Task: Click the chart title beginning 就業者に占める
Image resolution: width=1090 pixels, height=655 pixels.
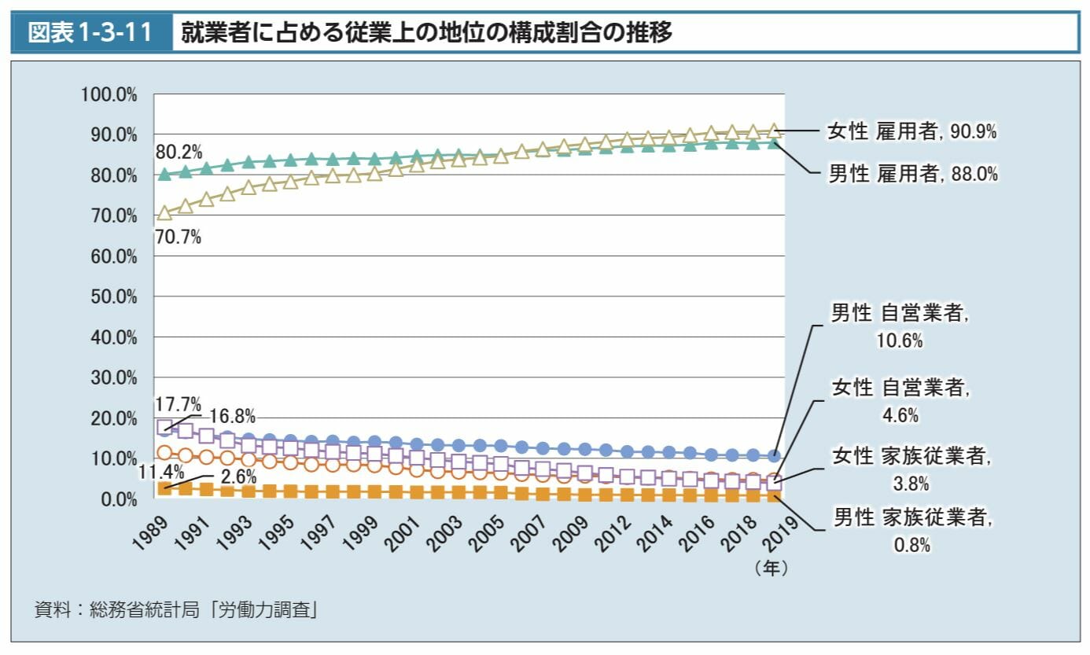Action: point(427,32)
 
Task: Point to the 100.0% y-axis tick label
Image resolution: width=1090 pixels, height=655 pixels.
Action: point(109,94)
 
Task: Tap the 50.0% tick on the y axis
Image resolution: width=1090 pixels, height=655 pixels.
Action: point(114,297)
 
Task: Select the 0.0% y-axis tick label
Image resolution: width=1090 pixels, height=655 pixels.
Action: point(119,500)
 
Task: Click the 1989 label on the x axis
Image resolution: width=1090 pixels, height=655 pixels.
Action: point(151,533)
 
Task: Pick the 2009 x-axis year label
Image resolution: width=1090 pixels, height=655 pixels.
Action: point(571,534)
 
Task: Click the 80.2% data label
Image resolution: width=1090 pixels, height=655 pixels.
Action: point(179,153)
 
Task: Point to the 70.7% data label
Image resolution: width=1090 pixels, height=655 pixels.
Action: point(178,237)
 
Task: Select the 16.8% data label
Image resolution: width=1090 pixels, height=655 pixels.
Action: point(233,416)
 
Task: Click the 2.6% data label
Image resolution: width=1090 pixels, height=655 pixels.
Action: point(238,477)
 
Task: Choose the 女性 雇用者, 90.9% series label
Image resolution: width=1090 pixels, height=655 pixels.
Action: point(912,131)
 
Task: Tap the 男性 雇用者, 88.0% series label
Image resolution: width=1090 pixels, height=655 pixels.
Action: point(913,174)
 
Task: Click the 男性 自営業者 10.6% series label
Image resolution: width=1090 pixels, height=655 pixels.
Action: point(900,326)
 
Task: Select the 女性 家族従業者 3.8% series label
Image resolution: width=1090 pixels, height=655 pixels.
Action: point(911,469)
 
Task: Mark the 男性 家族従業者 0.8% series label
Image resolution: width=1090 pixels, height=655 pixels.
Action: point(913,531)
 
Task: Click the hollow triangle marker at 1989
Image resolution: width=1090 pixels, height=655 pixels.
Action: point(164,212)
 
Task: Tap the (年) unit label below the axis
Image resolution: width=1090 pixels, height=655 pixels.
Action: point(771,568)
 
